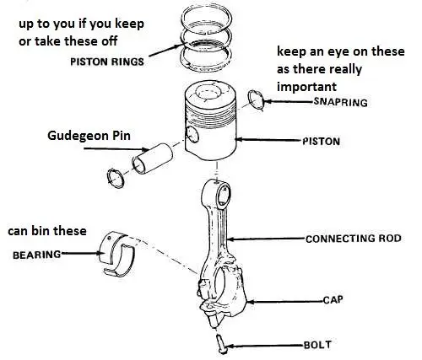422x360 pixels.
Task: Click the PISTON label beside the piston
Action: click(321, 142)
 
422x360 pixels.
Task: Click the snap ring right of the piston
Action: click(258, 103)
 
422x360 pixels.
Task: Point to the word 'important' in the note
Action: click(306, 86)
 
